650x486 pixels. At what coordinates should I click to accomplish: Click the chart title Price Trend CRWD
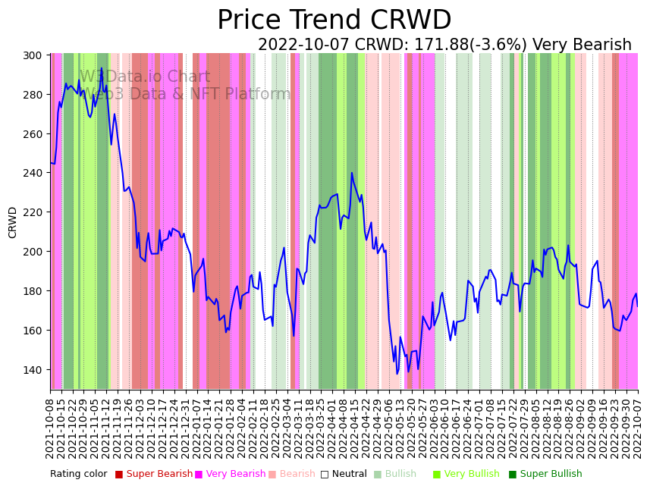pos(334,20)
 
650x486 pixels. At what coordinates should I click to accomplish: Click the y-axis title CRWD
pos(13,222)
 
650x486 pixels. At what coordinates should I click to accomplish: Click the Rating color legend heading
pos(79,475)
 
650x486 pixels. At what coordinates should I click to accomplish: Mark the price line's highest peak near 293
pos(102,68)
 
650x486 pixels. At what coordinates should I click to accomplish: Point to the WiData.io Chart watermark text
pos(144,77)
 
